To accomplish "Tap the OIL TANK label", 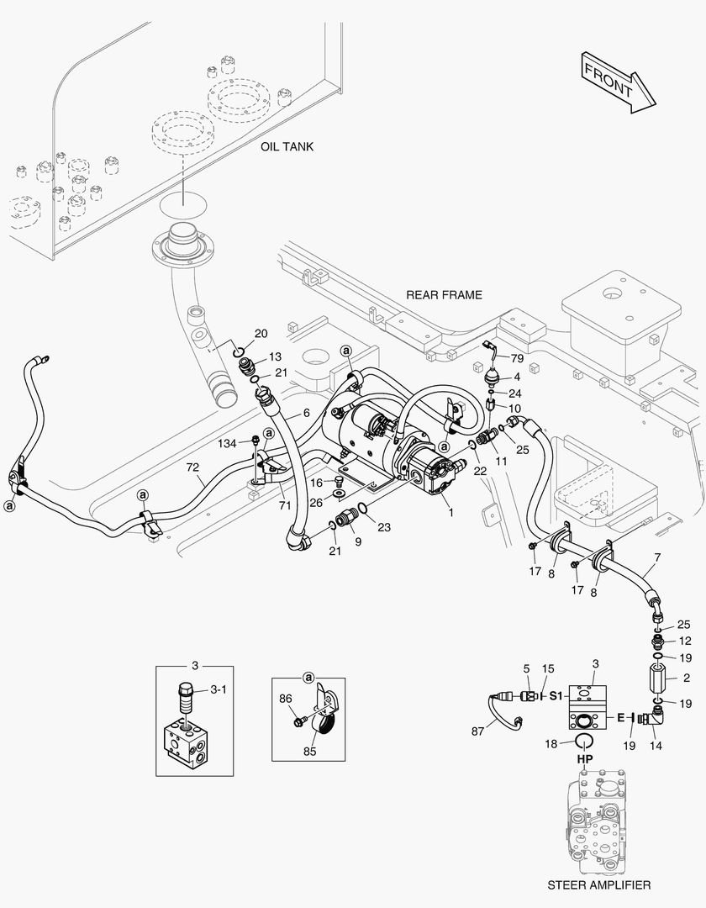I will pyautogui.click(x=287, y=146).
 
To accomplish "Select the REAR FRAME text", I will pyautogui.click(x=444, y=294).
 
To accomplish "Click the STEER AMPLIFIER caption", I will pyautogui.click(x=598, y=885).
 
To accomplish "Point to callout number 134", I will pyautogui.click(x=227, y=441).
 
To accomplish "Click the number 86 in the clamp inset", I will pyautogui.click(x=286, y=698).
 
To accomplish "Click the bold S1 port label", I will pyautogui.click(x=556, y=696).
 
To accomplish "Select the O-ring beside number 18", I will pyautogui.click(x=585, y=739).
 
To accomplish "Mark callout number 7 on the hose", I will pyautogui.click(x=656, y=558).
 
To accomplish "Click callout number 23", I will pyautogui.click(x=383, y=528).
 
